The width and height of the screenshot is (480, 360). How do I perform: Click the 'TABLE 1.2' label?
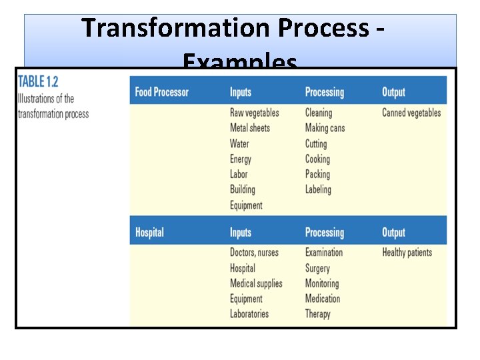[38, 82]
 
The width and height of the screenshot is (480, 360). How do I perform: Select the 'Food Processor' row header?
[161, 92]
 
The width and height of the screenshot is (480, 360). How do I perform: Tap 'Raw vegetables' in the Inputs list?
[254, 113]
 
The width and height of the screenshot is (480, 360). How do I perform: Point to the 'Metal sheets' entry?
[249, 128]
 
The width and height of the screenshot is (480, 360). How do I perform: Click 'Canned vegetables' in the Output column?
[411, 113]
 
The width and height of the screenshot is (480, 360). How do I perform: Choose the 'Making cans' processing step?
[325, 128]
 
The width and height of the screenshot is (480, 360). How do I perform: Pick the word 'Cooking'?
[317, 159]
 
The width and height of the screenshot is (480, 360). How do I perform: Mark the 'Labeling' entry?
[318, 189]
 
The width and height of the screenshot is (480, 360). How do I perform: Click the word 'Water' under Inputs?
[239, 143]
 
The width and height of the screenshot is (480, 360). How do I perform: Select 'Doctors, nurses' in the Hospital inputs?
[254, 253]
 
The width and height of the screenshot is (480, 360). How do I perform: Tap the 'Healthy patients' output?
[407, 253]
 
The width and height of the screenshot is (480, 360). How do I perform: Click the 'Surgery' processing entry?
[317, 268]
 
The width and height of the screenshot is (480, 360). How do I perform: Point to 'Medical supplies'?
[256, 283]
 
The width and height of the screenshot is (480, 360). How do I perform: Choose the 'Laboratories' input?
[249, 314]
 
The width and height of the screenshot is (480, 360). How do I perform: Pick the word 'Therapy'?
[317, 314]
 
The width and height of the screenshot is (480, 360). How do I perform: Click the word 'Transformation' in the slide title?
[175, 29]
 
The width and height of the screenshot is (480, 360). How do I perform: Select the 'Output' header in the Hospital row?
[393, 233]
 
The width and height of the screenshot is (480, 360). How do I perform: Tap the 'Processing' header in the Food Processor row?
[324, 92]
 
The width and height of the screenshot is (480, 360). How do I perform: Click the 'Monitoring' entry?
[322, 283]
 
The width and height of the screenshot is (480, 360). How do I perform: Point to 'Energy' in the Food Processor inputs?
[241, 159]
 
